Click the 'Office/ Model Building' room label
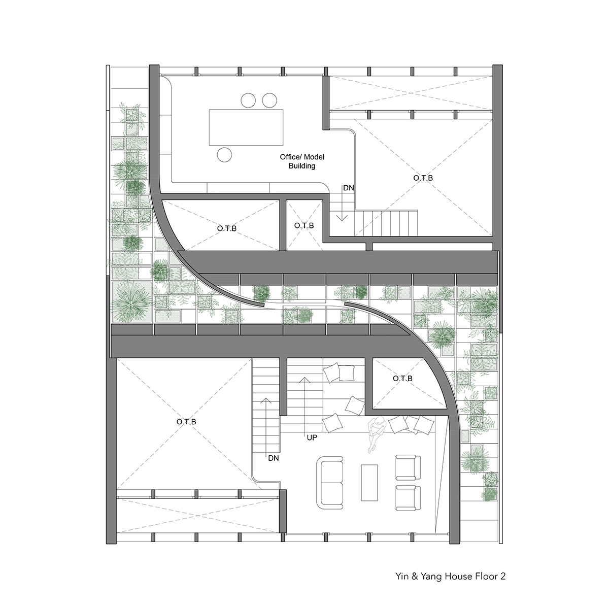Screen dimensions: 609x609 [302, 161]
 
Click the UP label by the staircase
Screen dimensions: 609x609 [312, 437]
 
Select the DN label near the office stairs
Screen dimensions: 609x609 [348, 188]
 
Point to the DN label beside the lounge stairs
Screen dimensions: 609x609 [274, 458]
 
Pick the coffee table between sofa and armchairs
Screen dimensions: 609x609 [369, 487]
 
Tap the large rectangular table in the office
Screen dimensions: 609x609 [246, 127]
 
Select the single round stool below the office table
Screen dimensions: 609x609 [224, 155]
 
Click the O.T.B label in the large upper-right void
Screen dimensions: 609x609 [423, 178]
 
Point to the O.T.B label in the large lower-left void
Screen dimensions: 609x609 [186, 422]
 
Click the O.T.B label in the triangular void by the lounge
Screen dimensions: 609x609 [402, 378]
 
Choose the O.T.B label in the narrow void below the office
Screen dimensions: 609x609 [303, 225]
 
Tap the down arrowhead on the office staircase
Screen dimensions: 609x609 [342, 218]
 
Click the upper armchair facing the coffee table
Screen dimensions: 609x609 [408, 467]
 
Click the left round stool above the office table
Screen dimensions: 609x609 [248, 100]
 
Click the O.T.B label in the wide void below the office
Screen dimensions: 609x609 [226, 228]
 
